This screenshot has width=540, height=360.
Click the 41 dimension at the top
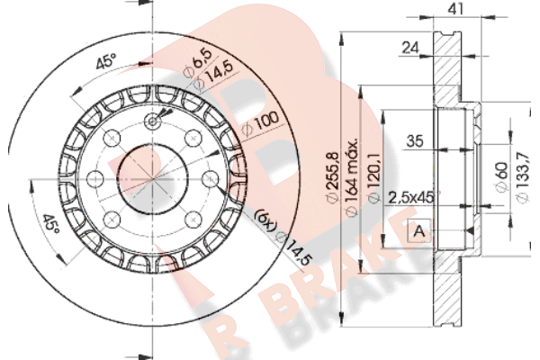pos(456,8)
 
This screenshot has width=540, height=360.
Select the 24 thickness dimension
pos(410,48)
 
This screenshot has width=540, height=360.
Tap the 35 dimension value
pos(415,141)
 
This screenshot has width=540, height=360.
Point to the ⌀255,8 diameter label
pos(333,177)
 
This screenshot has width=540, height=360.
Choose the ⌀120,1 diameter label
pos(374,177)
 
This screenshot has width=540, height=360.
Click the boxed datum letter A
pos(418,231)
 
